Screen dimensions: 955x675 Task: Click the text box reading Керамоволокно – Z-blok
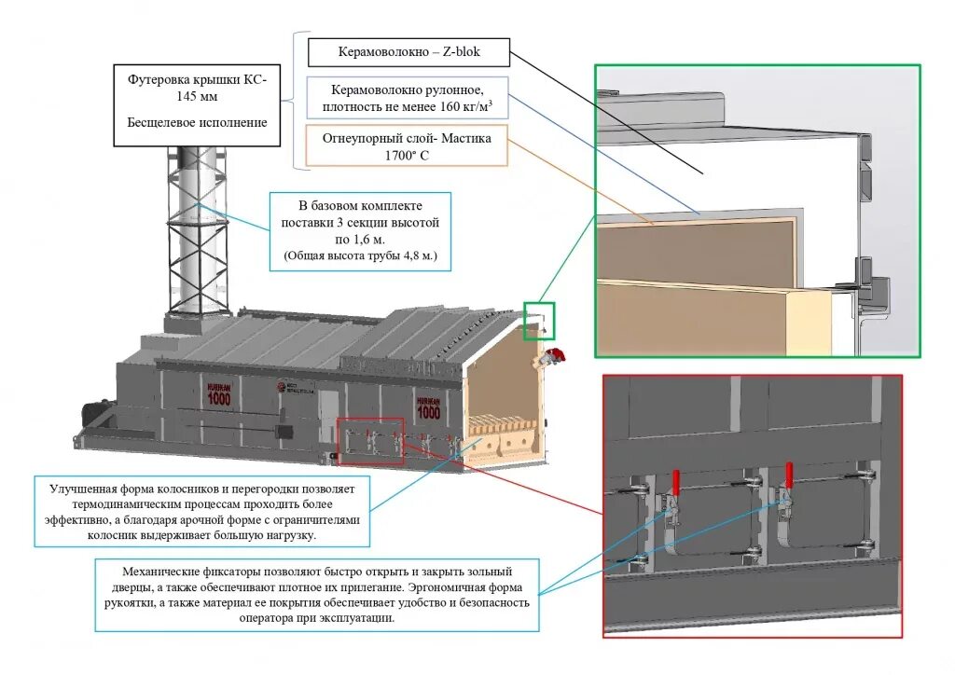[x=408, y=52]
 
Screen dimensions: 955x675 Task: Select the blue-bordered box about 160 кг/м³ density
[x=408, y=97]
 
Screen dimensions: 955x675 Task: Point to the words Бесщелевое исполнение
[x=197, y=122]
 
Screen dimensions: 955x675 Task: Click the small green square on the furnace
[x=538, y=320]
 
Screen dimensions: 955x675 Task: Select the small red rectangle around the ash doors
[x=370, y=441]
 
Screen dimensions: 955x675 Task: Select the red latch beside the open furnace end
[x=559, y=353]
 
